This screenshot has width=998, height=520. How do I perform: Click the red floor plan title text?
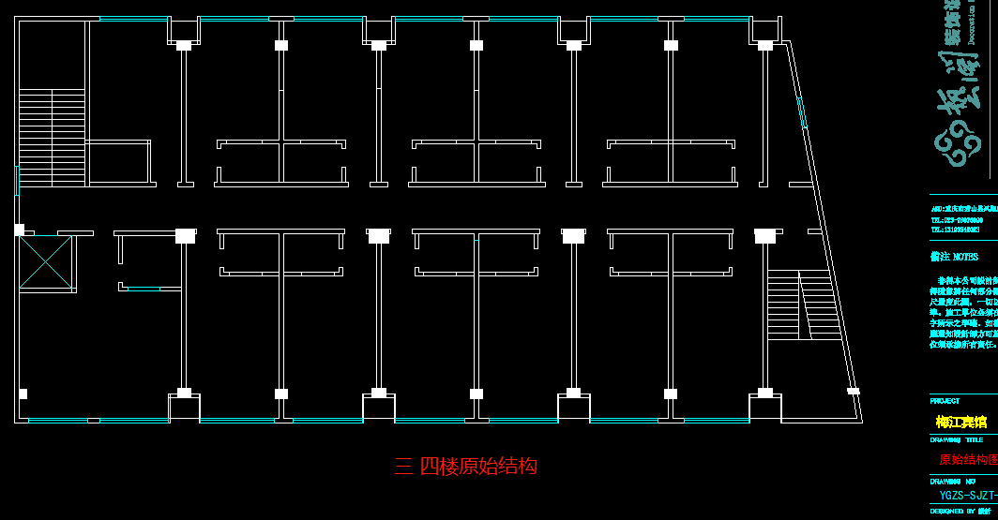pyautogui.click(x=466, y=466)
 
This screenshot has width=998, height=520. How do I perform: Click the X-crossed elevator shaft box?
pyautogui.click(x=46, y=261)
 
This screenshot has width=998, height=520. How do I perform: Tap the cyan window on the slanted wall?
pyautogui.click(x=801, y=111)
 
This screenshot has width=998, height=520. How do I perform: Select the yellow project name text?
pyautogui.click(x=961, y=422)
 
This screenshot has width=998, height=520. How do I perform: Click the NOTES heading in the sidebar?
pyautogui.click(x=955, y=257)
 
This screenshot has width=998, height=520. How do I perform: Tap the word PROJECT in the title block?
pyautogui.click(x=945, y=401)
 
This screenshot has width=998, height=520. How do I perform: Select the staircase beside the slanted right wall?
pyautogui.click(x=803, y=305)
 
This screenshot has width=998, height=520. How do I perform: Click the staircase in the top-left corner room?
pyautogui.click(x=52, y=137)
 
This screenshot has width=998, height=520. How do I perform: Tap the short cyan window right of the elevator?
pyautogui.click(x=144, y=289)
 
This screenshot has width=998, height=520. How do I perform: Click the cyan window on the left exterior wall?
pyautogui.click(x=17, y=180)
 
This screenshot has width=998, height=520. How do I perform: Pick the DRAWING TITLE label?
pyautogui.click(x=957, y=439)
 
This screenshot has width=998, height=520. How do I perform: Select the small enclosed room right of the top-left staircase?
pyautogui.click(x=117, y=163)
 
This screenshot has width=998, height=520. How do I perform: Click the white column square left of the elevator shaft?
pyautogui.click(x=19, y=230)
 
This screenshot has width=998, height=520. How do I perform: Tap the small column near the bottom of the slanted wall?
pyautogui.click(x=853, y=391)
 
